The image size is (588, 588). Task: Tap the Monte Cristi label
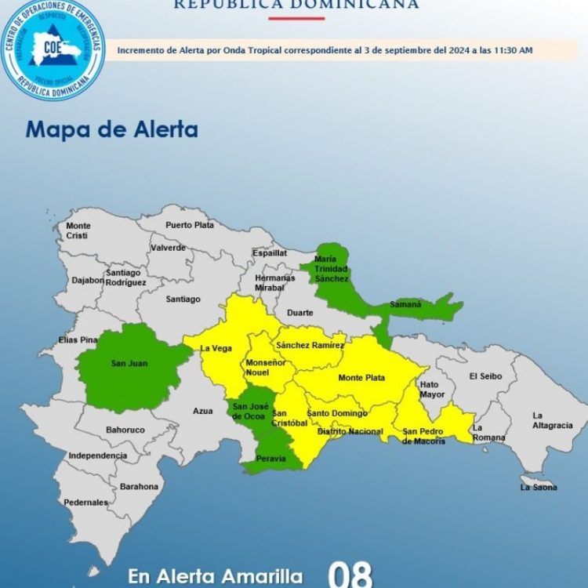coord(78,230)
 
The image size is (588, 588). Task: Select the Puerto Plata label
coord(189,225)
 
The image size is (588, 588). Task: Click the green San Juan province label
coord(129,363)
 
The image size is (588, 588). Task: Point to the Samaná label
coord(407,303)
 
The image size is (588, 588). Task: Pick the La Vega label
coord(216,348)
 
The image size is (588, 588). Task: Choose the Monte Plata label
coord(361,378)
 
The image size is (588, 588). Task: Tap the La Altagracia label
coord(552,420)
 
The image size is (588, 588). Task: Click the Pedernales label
coord(86,502)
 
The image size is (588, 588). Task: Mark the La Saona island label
coord(539,488)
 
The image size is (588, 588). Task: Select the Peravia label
coord(267,459)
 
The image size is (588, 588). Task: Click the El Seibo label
coord(485,376)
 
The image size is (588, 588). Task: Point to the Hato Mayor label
coord(431,390)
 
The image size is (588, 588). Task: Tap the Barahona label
coord(139,486)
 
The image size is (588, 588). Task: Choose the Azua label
coord(202,410)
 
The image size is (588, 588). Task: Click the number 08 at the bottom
coord(349,574)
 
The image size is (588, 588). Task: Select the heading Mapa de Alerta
coord(111,129)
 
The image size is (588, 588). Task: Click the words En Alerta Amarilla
coord(216,577)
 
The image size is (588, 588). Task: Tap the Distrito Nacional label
coord(350,431)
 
